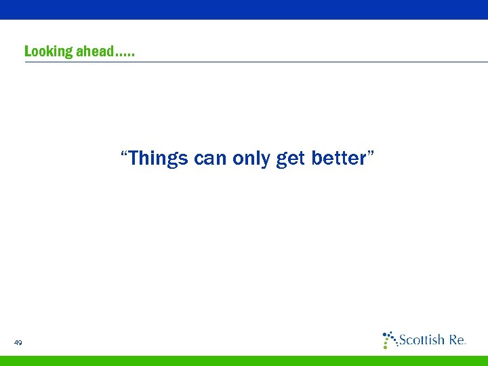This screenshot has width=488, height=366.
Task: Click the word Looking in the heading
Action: (x=48, y=52)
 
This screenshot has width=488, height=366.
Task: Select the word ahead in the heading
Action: (x=94, y=52)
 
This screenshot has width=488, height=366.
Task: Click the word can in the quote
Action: (x=210, y=159)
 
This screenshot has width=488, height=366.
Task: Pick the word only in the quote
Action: (x=251, y=159)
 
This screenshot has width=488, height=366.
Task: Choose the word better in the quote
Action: (x=338, y=159)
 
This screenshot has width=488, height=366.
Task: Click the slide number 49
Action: (x=18, y=343)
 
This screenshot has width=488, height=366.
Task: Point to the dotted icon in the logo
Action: (x=389, y=340)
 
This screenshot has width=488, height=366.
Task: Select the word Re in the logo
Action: (x=457, y=340)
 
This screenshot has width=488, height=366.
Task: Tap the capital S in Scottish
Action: (x=403, y=340)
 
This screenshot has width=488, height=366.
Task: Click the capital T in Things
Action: (x=134, y=159)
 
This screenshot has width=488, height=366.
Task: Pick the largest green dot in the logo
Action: (x=386, y=345)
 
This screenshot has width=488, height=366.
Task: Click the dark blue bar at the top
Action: (x=244, y=9)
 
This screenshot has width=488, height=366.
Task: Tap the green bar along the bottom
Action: (x=244, y=361)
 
